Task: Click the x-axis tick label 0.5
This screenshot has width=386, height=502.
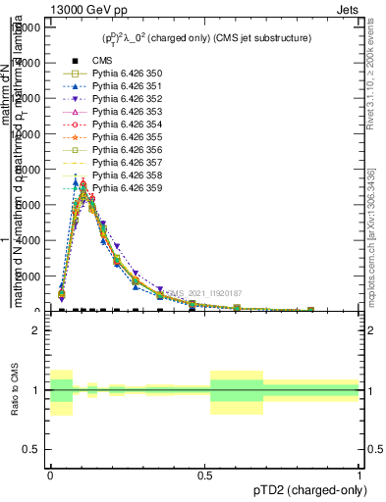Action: tap(204, 474)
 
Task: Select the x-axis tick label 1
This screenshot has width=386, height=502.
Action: tap(359, 474)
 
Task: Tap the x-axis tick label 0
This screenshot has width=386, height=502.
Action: tap(50, 474)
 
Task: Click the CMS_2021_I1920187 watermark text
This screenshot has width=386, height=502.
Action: tap(207, 293)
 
